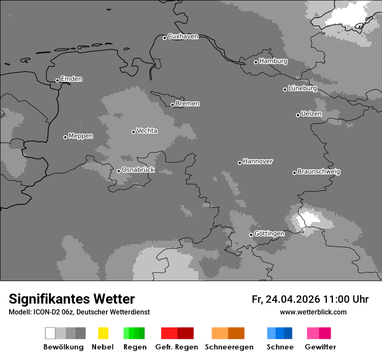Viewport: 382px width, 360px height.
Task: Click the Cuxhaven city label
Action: click(x=183, y=36)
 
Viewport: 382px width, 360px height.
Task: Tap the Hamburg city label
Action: click(x=273, y=61)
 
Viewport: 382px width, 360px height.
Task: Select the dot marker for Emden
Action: click(x=57, y=80)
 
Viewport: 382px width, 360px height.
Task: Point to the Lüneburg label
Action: click(x=303, y=88)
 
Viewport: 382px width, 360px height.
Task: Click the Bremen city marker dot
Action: click(x=172, y=105)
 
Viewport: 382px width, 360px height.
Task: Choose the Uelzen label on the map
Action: click(x=311, y=114)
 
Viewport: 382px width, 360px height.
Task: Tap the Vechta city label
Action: click(x=147, y=131)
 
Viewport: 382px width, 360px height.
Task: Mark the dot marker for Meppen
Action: click(x=65, y=137)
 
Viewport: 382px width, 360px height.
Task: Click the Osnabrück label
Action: click(x=138, y=170)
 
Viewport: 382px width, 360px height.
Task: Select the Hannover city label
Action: click(x=258, y=161)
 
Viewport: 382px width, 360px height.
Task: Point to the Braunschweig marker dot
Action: click(x=294, y=173)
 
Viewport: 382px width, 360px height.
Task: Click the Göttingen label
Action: click(x=269, y=233)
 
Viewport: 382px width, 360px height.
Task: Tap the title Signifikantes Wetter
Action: click(x=72, y=299)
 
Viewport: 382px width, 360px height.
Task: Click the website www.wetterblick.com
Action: click(x=313, y=312)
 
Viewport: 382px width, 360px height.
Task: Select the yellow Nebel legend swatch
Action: click(x=103, y=333)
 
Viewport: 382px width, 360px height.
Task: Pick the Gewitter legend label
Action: click(x=320, y=347)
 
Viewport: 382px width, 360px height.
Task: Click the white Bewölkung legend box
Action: click(x=50, y=333)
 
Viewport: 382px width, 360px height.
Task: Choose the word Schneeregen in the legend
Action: click(x=229, y=347)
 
